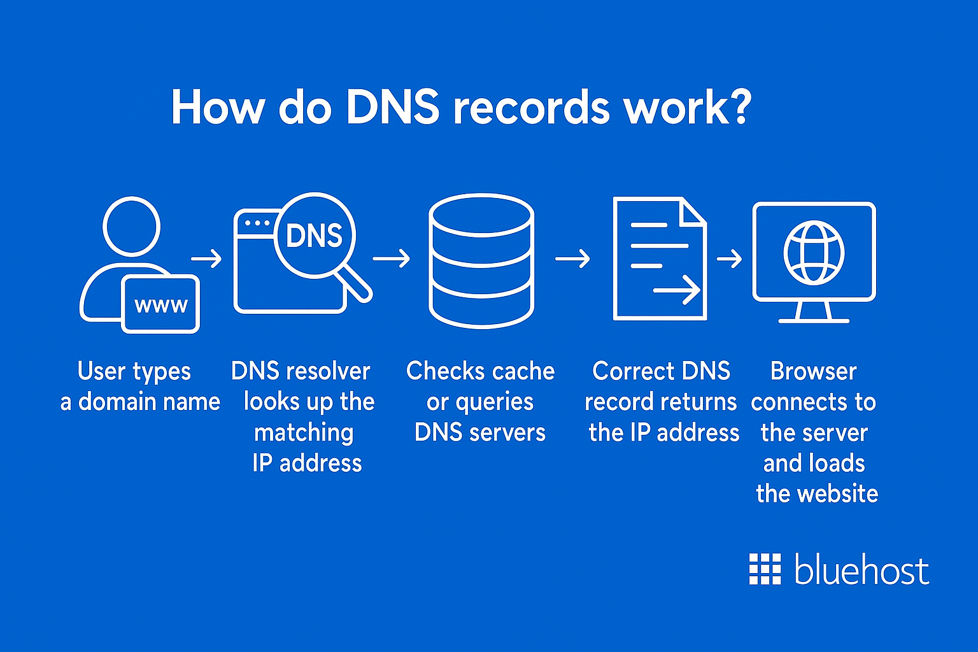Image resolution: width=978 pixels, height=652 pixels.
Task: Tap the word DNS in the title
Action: [392, 107]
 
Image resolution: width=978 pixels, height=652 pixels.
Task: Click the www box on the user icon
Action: [161, 305]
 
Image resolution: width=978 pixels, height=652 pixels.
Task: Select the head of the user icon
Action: [131, 227]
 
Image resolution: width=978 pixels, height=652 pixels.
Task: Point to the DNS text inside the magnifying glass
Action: [314, 236]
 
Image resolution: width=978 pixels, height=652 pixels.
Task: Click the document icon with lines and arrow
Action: [660, 259]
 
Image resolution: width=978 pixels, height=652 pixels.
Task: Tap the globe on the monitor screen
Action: [814, 252]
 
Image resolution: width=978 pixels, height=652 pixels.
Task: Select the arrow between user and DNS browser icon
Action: [206, 259]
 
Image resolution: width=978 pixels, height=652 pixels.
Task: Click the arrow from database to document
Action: [572, 259]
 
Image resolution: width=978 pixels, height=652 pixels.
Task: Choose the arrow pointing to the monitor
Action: [730, 259]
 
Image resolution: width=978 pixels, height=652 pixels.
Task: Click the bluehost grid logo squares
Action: [765, 569]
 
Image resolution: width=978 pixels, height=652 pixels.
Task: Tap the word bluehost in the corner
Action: [861, 569]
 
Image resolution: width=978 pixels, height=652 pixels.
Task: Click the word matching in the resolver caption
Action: [304, 433]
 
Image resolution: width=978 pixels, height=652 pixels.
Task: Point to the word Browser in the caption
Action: [814, 371]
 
